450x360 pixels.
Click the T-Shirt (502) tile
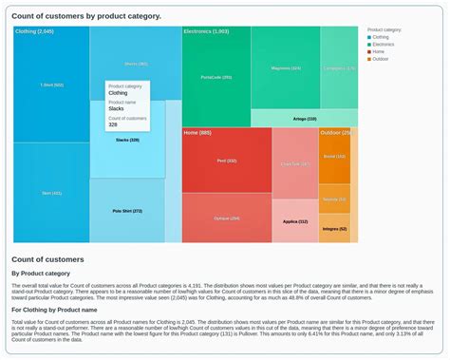[52, 85]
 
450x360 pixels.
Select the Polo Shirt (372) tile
[127, 211]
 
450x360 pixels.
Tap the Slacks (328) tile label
[127, 140]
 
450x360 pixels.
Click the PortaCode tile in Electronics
[216, 77]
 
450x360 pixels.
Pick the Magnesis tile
[285, 68]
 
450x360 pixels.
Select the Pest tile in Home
[226, 161]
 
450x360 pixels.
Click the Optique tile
[226, 218]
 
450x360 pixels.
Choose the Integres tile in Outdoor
[334, 228]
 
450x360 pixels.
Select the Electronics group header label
[206, 31]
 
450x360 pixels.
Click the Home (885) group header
[197, 133]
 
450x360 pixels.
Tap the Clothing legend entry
[380, 37]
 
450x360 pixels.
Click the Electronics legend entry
[383, 45]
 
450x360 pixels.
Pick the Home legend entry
[378, 52]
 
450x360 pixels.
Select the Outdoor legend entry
[380, 59]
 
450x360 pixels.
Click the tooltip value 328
[113, 124]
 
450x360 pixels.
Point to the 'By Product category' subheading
[41, 273]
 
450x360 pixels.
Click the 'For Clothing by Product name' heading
[55, 310]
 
